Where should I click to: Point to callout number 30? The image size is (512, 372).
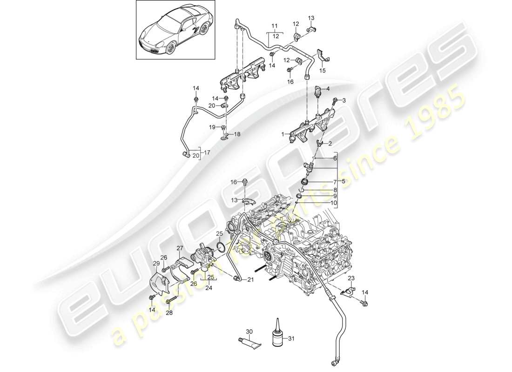[249, 332]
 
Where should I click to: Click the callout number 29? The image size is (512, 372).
[156, 264]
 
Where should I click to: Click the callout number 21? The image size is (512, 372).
[250, 279]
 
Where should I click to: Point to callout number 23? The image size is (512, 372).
[351, 278]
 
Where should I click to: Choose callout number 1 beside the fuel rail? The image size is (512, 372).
[282, 133]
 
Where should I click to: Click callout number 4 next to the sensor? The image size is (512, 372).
[328, 89]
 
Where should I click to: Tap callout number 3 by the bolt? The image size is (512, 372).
[344, 100]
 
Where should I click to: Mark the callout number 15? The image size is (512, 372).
[322, 71]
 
